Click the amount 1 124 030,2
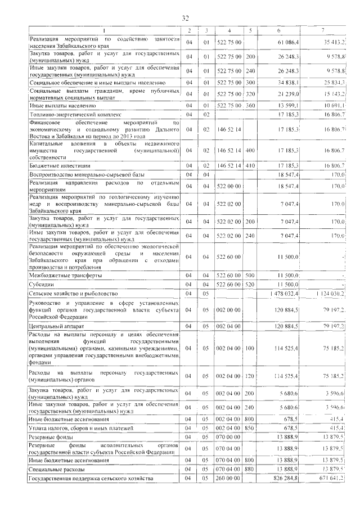tap(327, 293)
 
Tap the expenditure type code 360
tap(251, 106)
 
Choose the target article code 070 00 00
tap(228, 436)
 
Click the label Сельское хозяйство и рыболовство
tap(73, 293)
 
